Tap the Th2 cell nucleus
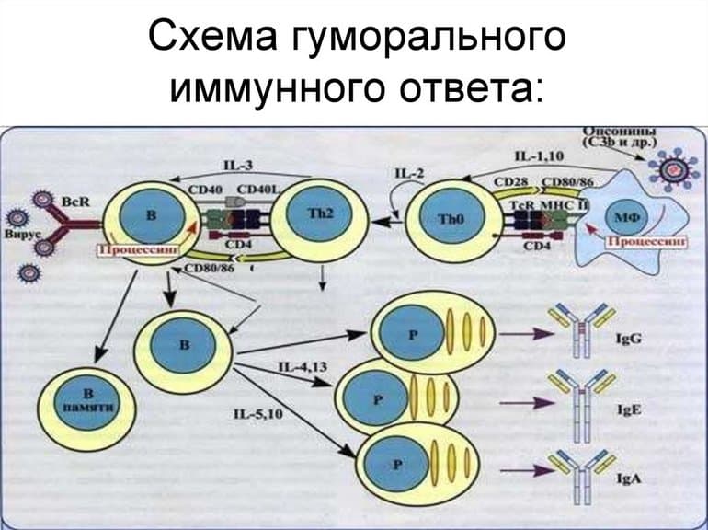pos(314,213)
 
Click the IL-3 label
pos(237,166)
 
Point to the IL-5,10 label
pos(259,414)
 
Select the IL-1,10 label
pos(539,157)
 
